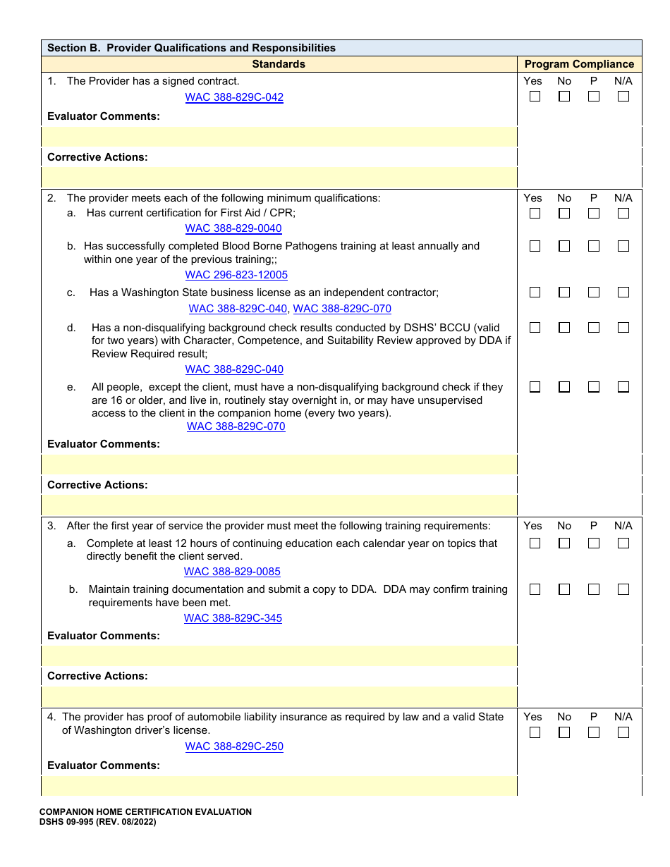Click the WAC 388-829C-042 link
pos(234,97)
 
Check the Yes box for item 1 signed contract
pos(535,97)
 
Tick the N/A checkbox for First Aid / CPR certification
pos(623,213)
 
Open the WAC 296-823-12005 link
pos(236,275)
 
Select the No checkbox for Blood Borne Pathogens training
pos(564,246)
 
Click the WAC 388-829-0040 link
pos(233,228)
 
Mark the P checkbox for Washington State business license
pos(594,292)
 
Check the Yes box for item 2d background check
pos(535,327)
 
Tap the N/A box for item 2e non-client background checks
pos(623,387)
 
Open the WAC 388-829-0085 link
pos(232,572)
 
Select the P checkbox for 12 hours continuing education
pos(594,543)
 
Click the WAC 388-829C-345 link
pos(233,618)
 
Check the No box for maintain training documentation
pos(564,589)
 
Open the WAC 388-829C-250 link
pos(234,746)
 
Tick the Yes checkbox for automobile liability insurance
pos(535,732)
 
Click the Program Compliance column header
pos(579,64)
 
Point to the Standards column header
pos(279,64)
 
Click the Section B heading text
pos(191,48)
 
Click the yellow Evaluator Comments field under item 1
pos(279,136)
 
